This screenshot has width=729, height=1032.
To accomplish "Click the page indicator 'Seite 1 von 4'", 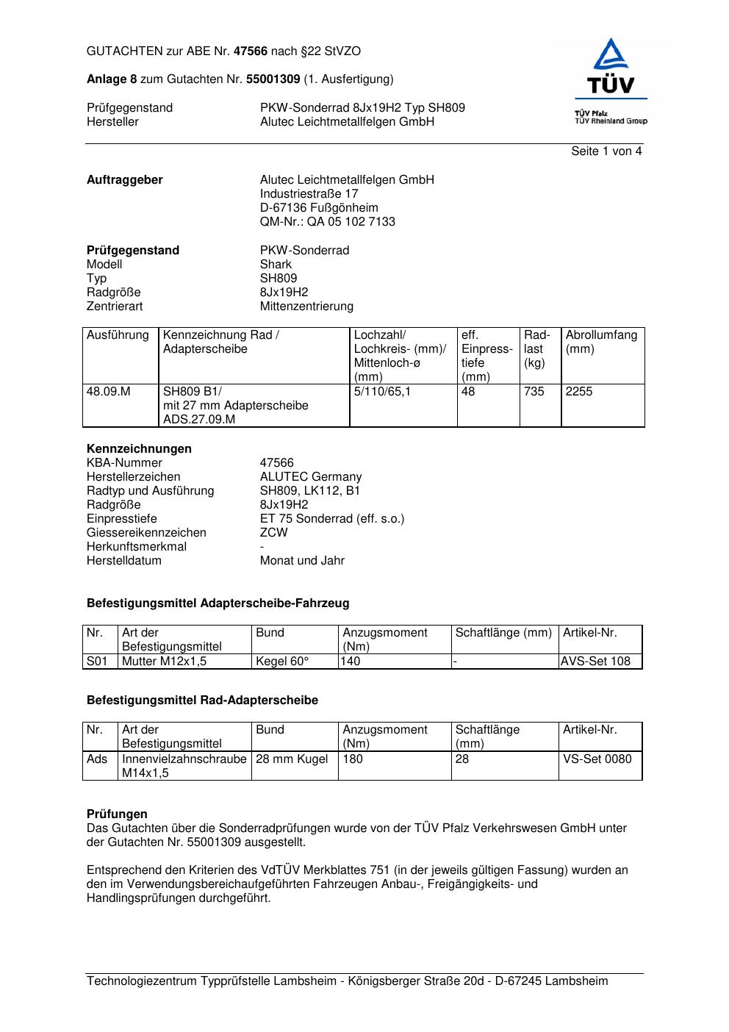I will click(x=606, y=151).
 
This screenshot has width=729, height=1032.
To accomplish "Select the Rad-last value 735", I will click(x=534, y=392).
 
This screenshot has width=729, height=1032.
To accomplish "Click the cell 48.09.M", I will click(x=109, y=392).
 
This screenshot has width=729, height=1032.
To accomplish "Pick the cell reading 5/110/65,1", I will click(x=382, y=392).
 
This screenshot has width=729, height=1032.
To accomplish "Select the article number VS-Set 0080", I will click(x=597, y=759).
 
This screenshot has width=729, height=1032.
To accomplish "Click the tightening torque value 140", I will click(x=351, y=661).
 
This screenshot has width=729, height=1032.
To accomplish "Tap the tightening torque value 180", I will click(x=353, y=759).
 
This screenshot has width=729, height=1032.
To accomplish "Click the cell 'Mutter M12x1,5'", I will click(x=164, y=661).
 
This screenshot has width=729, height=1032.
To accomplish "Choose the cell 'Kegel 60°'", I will click(x=282, y=661).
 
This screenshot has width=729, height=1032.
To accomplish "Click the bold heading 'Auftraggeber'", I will click(x=125, y=180).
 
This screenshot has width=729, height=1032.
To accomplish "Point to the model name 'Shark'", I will click(x=276, y=265).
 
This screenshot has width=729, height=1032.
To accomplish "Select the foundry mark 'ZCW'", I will click(x=273, y=533).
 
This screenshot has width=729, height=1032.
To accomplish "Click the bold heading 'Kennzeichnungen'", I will click(x=139, y=449).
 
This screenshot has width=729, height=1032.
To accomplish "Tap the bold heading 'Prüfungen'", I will click(x=117, y=814).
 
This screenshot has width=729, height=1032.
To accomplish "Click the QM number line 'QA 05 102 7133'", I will click(x=327, y=222).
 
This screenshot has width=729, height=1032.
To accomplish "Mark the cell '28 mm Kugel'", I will click(x=292, y=759).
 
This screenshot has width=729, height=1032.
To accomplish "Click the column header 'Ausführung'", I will click(x=118, y=335).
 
